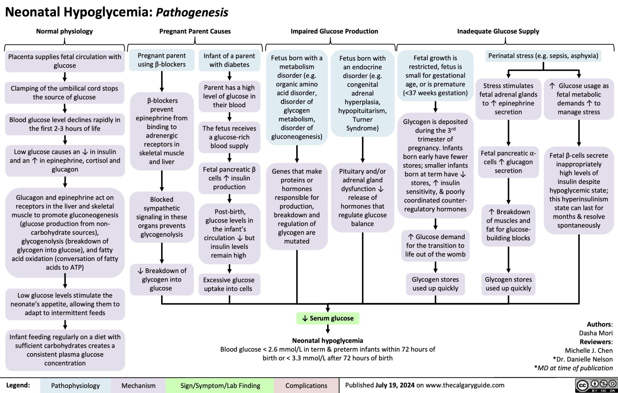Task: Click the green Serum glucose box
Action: [328, 318]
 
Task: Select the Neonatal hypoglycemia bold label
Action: [328, 340]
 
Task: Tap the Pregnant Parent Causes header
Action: [195, 31]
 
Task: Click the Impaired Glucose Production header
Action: [334, 31]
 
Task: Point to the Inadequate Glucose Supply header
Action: [498, 31]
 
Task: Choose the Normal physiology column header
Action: [65, 31]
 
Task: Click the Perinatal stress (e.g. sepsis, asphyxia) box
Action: [543, 56]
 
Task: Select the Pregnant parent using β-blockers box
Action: [161, 60]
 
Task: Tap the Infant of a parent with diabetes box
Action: [229, 60]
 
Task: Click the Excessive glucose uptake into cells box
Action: [229, 284]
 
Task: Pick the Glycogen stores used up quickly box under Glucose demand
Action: [435, 284]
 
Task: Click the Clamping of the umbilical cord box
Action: [65, 93]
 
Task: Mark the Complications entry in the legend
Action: [306, 386]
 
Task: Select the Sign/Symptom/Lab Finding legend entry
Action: [220, 386]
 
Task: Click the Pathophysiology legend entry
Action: [75, 386]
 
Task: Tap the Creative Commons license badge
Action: [596, 385]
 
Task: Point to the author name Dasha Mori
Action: [596, 333]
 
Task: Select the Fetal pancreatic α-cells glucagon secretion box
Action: [508, 162]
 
